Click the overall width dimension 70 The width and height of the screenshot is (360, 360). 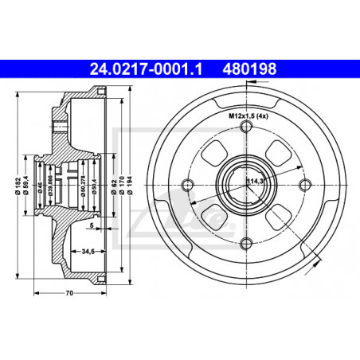click(x=69, y=294)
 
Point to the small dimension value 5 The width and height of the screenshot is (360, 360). click(x=92, y=225)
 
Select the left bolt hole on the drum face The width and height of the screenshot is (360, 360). click(x=188, y=187)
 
